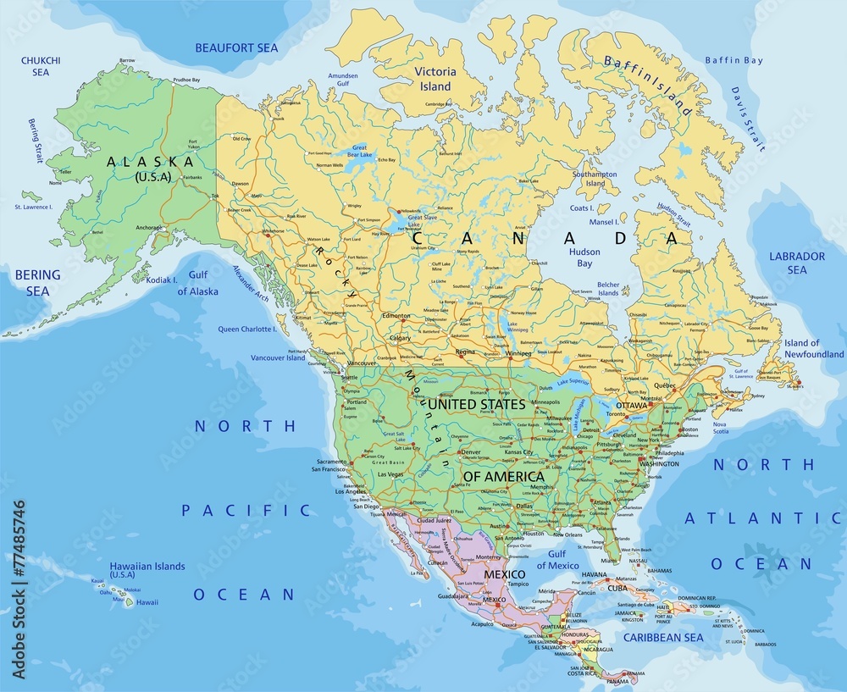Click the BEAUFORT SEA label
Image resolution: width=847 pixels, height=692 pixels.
click(x=237, y=47)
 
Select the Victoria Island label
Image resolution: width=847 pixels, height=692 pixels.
click(x=436, y=80)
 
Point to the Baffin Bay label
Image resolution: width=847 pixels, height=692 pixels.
click(x=734, y=60)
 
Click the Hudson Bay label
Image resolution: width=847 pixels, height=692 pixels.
click(x=584, y=257)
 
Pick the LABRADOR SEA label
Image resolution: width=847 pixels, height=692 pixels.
click(x=796, y=263)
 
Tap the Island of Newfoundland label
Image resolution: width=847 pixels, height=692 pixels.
click(x=813, y=348)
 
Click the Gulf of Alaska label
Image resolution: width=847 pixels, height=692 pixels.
click(x=197, y=283)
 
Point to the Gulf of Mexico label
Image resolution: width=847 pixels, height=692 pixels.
click(x=557, y=559)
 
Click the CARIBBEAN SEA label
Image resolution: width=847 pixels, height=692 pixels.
click(x=663, y=637)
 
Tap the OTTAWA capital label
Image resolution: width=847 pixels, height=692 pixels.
click(x=631, y=406)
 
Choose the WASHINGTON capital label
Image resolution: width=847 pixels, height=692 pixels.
click(x=659, y=464)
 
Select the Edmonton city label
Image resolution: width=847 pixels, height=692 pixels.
click(x=396, y=316)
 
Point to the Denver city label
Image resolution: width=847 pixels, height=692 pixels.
click(x=470, y=452)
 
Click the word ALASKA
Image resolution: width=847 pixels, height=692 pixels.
click(x=151, y=161)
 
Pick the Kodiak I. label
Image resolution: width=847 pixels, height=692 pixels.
click(x=161, y=280)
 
